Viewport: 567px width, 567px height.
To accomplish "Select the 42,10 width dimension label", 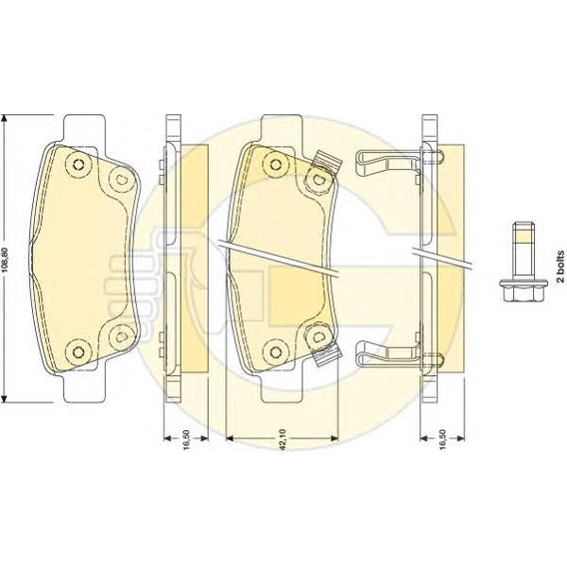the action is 283,439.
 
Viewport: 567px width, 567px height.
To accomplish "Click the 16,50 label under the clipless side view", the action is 186,439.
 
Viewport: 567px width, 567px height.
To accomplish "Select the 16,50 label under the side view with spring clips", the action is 442,439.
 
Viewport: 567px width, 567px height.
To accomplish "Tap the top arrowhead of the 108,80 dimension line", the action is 4,120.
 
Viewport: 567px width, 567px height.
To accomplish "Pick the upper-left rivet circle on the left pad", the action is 78,164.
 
